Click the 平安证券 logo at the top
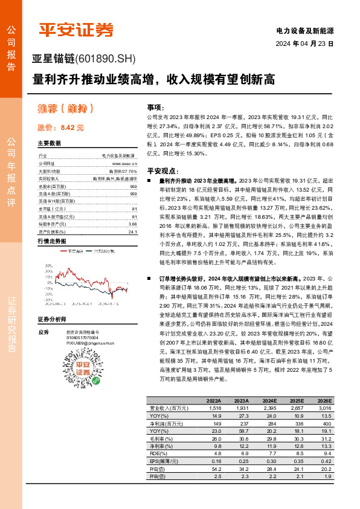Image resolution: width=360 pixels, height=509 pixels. (x=76, y=30)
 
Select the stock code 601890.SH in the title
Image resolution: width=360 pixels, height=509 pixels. (x=105, y=59)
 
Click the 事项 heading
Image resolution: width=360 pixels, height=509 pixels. (x=155, y=106)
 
